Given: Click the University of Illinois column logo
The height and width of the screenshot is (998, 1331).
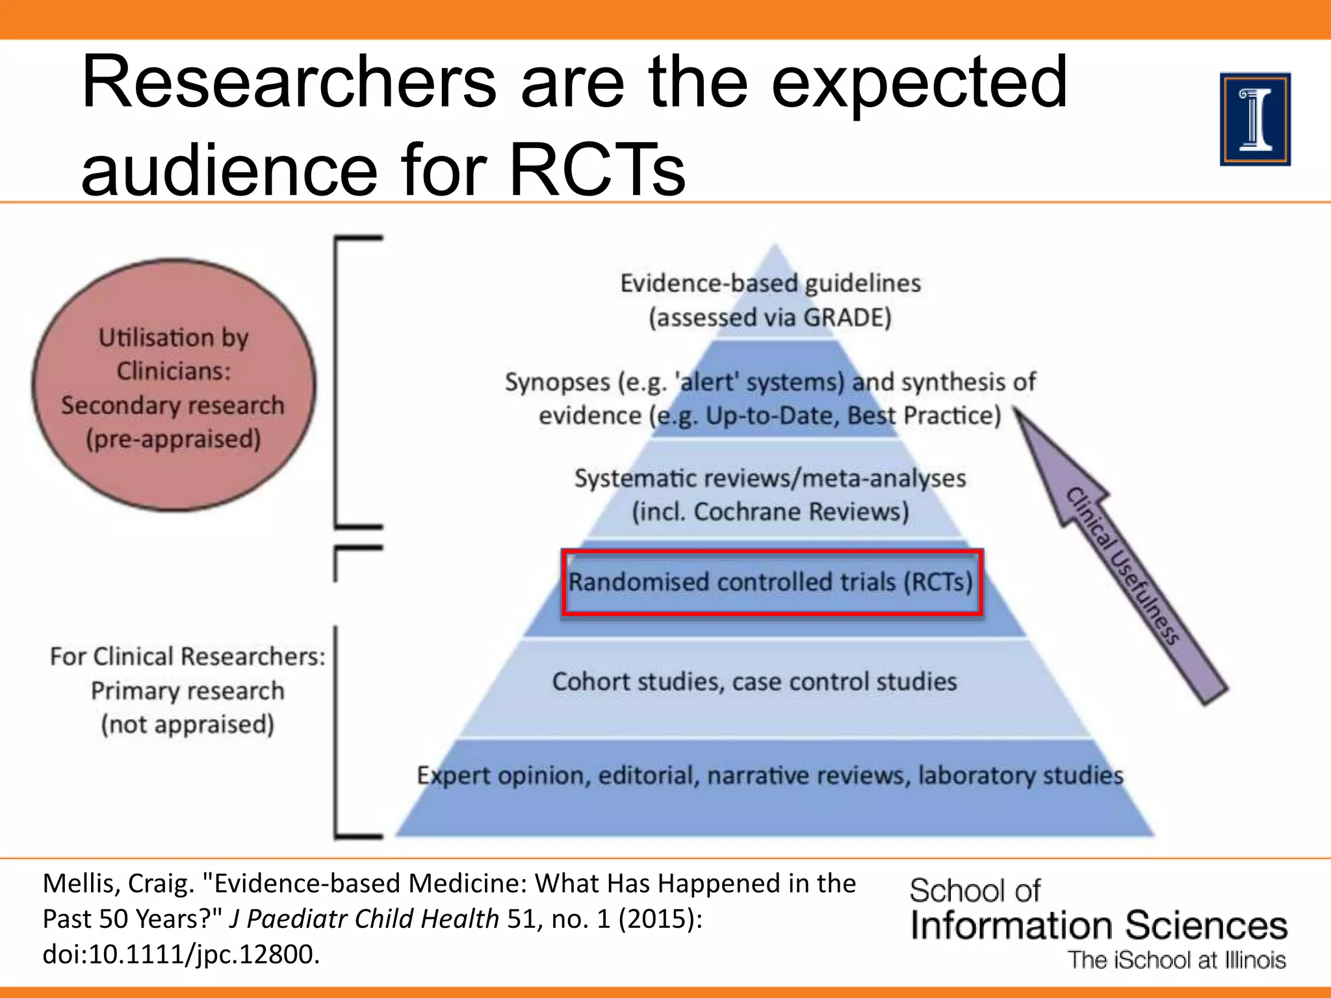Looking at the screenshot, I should click(x=1255, y=120).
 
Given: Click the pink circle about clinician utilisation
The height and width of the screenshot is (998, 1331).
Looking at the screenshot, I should click(x=174, y=385).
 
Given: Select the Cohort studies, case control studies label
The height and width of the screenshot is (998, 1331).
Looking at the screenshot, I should click(x=755, y=682).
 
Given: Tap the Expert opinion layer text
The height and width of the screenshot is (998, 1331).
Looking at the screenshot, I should click(x=769, y=776).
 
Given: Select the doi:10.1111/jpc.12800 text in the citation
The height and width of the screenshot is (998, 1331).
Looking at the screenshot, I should click(x=181, y=954).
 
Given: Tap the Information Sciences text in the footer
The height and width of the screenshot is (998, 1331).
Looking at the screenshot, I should click(x=1098, y=925).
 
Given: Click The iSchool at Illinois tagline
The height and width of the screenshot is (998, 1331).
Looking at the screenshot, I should click(x=1177, y=960).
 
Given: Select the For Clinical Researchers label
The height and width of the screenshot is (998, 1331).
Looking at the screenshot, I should click(x=187, y=657).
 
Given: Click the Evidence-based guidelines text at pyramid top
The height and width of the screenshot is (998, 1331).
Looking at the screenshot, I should click(x=770, y=283).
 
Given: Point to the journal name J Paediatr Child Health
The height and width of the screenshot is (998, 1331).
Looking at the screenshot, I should click(x=364, y=919).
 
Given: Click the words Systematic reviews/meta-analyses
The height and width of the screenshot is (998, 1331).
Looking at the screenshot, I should click(x=770, y=478).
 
